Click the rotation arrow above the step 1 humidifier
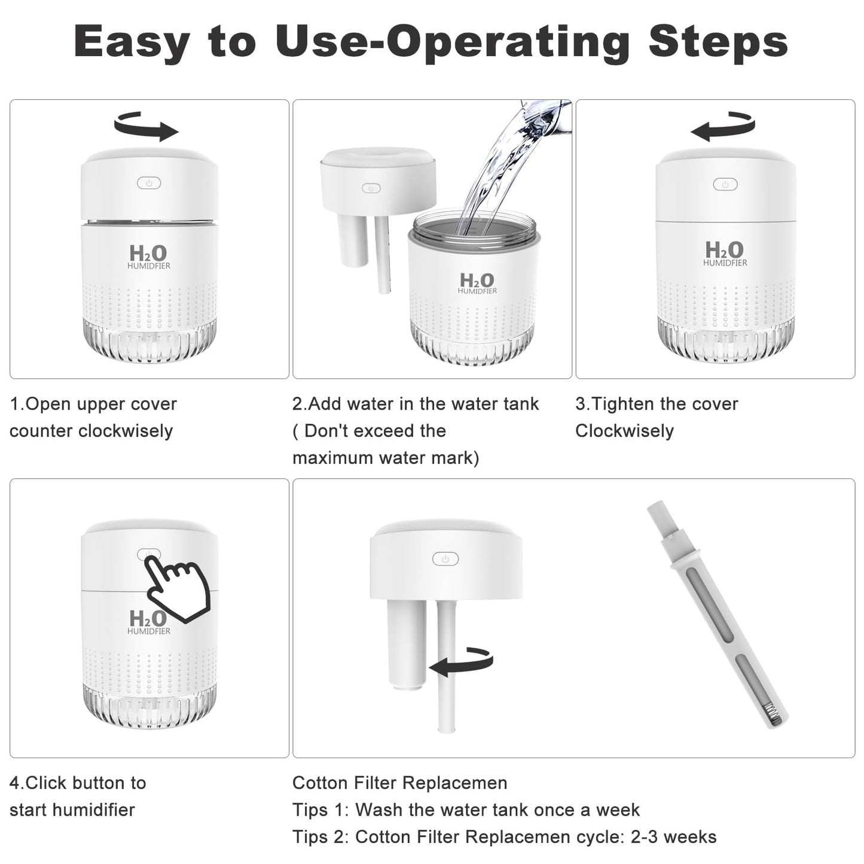(146, 126)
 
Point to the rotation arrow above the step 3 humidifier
(723, 126)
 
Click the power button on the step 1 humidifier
(149, 183)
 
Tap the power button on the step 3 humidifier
(725, 184)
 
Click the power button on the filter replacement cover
(445, 558)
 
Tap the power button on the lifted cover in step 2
(371, 188)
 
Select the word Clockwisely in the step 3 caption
(625, 431)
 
